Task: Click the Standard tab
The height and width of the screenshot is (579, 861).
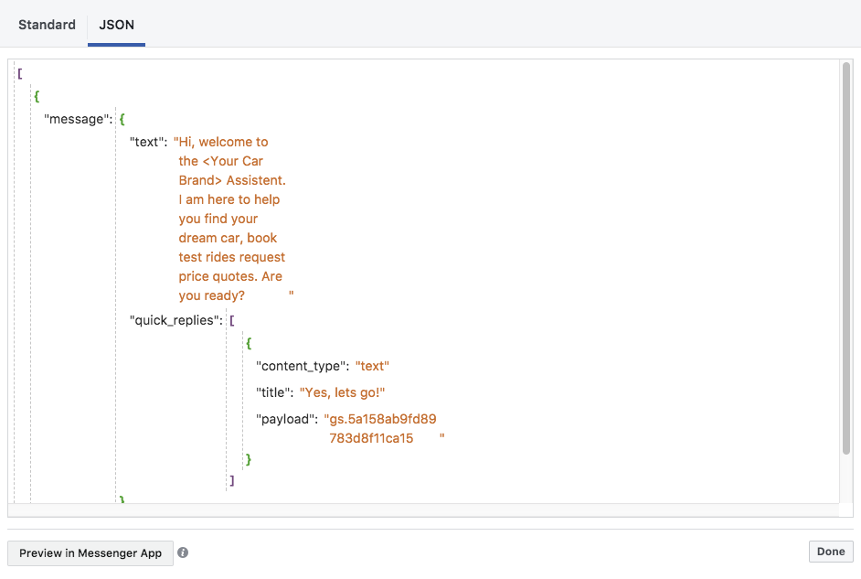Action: pos(47,25)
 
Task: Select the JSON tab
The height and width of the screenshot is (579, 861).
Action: pos(116,25)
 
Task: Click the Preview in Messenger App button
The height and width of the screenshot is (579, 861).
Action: pos(90,552)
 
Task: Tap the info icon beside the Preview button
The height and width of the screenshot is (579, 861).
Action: pos(183,552)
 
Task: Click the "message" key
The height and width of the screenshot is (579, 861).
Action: pos(78,119)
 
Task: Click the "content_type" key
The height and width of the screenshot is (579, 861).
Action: pos(303,366)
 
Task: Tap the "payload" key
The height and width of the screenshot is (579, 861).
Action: pos(286,419)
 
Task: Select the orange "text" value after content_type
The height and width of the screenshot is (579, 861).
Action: pos(372,366)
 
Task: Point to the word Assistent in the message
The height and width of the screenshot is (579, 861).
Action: pos(256,180)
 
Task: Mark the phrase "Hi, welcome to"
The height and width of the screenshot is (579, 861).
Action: pos(221,142)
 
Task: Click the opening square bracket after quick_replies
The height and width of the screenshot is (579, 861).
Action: pos(232,320)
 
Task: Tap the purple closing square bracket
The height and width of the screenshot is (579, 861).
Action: pos(232,479)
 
